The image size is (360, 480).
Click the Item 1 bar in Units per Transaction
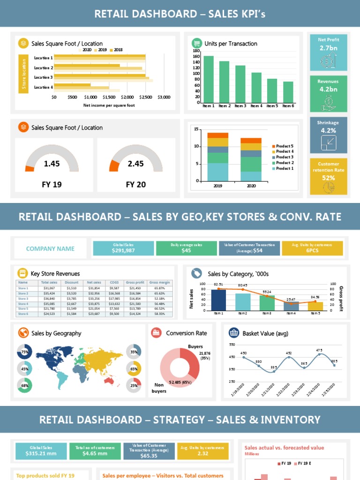[x=209, y=80]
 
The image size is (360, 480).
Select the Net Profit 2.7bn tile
[x=328, y=52]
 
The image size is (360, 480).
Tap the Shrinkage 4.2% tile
[x=328, y=135]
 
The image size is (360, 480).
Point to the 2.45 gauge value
[x=135, y=164]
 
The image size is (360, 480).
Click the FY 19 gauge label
[x=52, y=185]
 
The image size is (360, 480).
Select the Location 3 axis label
[x=43, y=77]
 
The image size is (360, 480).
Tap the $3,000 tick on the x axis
[x=164, y=97]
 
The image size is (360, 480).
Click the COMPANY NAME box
[x=50, y=248]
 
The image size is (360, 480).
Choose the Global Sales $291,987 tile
[x=123, y=248]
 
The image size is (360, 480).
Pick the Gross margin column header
[x=159, y=283]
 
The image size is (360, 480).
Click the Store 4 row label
[x=23, y=304]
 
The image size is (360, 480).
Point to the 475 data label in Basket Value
[x=319, y=350]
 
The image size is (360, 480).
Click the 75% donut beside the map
[x=24, y=352]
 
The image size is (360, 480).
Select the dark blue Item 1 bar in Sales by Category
[x=218, y=300]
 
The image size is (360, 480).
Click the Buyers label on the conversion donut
[x=195, y=347]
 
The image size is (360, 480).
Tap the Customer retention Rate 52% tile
[x=328, y=176]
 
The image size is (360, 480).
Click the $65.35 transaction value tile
[x=149, y=451]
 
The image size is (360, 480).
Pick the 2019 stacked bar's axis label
[x=217, y=186]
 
